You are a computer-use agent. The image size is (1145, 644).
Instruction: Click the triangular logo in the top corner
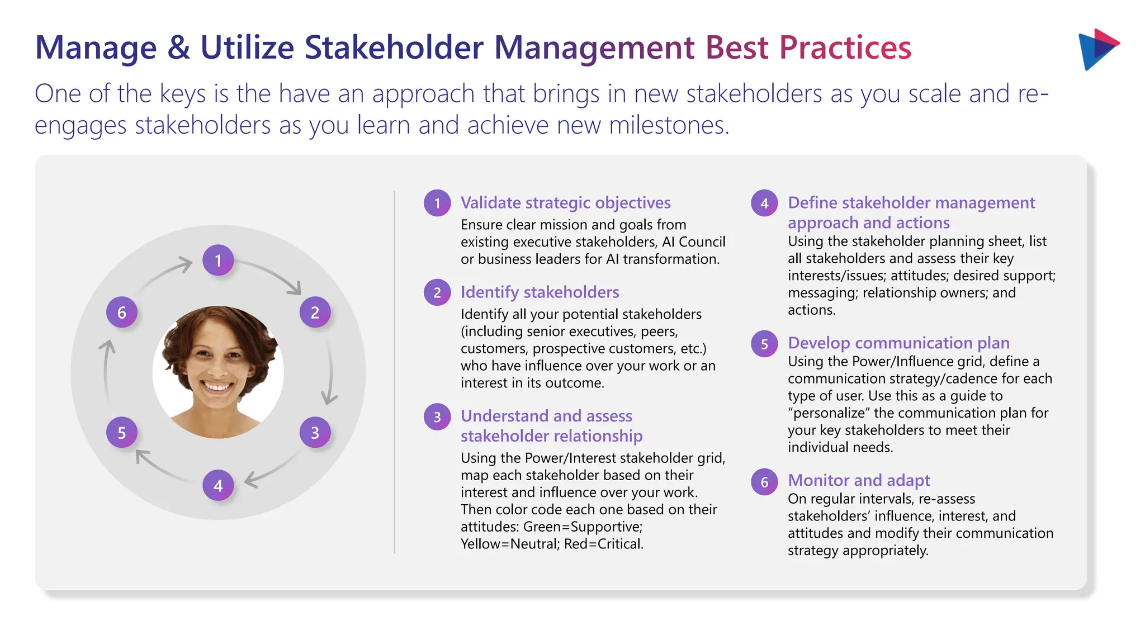[1097, 49]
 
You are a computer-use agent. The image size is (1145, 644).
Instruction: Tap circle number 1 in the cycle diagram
[218, 260]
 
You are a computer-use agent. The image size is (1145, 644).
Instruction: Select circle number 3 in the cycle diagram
[315, 432]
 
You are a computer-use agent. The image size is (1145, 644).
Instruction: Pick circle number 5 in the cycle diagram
[122, 432]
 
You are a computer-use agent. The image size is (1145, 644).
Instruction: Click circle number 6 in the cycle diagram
[122, 312]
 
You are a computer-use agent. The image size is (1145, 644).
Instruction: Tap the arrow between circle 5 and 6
[106, 369]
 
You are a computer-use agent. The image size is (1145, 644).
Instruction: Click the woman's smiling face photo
[218, 372]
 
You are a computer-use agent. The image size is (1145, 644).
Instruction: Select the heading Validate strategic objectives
[565, 202]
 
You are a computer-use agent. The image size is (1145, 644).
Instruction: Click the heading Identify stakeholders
[540, 292]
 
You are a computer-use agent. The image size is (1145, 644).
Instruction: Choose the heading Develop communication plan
[898, 343]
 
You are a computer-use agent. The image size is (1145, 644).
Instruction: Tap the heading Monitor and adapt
[859, 480]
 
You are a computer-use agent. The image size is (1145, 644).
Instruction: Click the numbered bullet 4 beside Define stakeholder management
[764, 203]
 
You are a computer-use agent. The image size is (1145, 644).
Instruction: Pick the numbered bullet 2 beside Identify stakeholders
[437, 292]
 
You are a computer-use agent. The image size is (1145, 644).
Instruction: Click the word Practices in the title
[845, 48]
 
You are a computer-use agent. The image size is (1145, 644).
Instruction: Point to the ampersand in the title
[178, 48]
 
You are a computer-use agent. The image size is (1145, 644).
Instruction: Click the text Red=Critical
[604, 544]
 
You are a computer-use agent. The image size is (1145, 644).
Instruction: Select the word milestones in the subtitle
[669, 125]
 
